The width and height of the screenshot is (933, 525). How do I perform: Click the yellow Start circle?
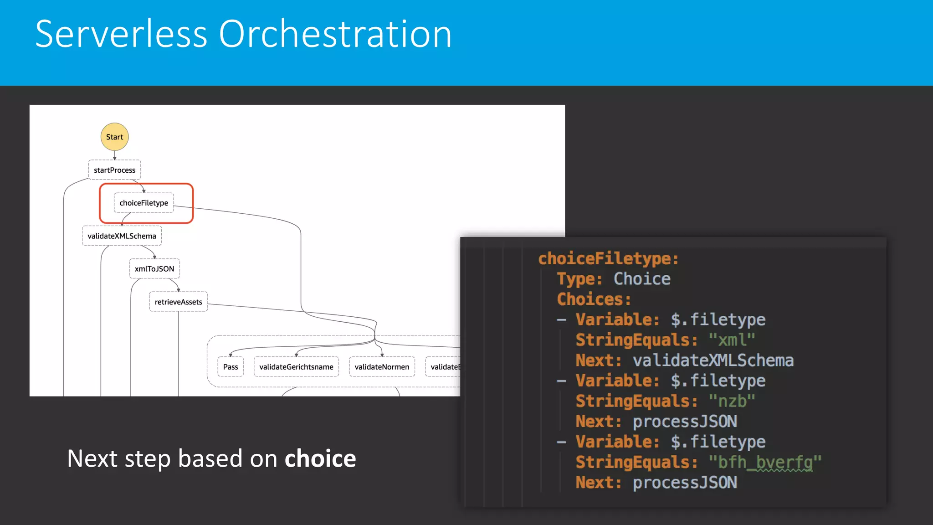114,137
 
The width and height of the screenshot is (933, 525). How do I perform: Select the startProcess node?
114,170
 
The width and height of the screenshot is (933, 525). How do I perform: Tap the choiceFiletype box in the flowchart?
144,203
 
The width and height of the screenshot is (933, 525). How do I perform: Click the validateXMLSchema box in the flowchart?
122,236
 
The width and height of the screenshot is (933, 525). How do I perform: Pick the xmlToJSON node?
154,269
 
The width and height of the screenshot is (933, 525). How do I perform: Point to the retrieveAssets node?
178,302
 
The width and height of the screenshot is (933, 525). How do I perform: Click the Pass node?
231,367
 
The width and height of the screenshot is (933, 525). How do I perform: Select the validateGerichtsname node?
296,367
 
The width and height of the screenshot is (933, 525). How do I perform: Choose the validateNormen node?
382,367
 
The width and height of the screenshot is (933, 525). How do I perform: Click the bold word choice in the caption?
320,458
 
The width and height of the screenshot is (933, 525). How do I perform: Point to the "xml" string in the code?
732,340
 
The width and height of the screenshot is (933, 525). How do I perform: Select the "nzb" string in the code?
732,401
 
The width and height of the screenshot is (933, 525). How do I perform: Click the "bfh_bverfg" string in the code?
765,462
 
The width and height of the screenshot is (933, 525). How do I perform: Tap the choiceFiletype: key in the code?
609,259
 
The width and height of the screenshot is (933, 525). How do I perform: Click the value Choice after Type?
642,279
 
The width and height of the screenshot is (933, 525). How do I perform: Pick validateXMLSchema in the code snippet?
713,360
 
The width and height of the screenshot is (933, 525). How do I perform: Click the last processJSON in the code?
685,483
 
